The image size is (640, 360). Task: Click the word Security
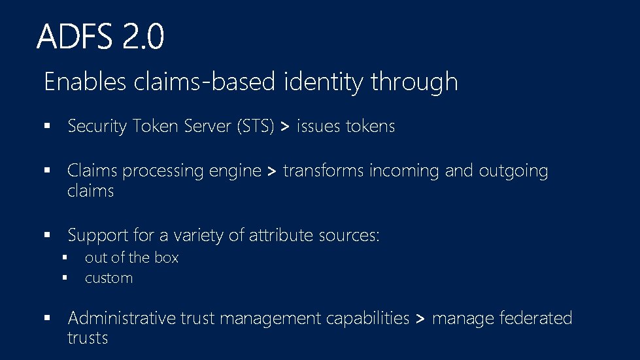97,126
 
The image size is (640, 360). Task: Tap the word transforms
324,171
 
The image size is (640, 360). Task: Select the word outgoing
513,171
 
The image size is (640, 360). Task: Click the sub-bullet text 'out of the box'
131,257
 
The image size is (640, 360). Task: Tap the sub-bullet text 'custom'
109,278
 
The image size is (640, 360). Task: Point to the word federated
535,318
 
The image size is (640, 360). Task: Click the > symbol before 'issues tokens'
284,127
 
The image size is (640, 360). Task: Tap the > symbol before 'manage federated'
420,319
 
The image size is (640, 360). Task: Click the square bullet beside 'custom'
65,278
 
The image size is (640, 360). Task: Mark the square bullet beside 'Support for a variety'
48,234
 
